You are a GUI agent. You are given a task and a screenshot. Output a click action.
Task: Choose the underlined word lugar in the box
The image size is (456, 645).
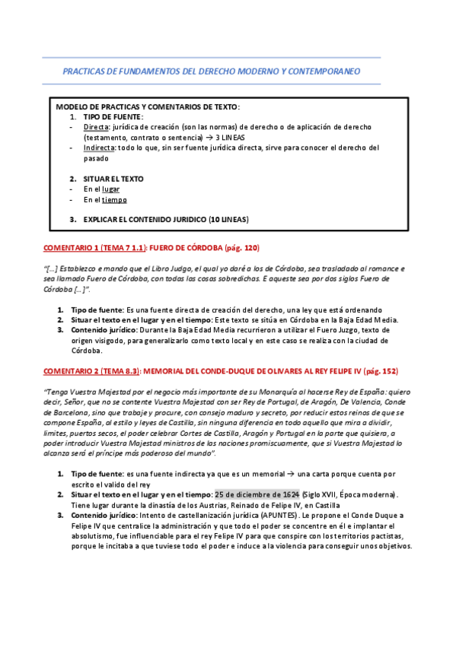pyautogui.click(x=111, y=189)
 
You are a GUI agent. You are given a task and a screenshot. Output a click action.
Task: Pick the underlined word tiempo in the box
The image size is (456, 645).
pyautogui.click(x=115, y=200)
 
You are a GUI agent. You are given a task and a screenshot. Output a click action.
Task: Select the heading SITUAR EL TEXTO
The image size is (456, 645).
pyautogui.click(x=113, y=179)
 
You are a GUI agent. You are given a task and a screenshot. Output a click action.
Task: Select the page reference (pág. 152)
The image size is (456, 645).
pyautogui.click(x=378, y=371)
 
